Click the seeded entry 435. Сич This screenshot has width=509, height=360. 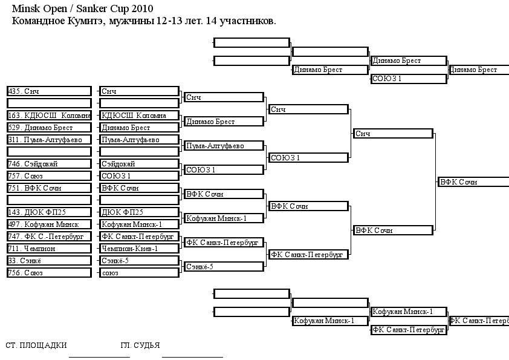pyautogui.click(x=49, y=91)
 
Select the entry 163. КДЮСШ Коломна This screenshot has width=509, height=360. pyautogui.click(x=49, y=116)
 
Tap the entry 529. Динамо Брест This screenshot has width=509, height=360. pyautogui.click(x=49, y=128)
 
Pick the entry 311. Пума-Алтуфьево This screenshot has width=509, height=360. pyautogui.click(x=49, y=140)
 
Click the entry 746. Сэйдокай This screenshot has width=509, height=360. pyautogui.click(x=49, y=164)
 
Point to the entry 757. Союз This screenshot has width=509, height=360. pyautogui.click(x=49, y=176)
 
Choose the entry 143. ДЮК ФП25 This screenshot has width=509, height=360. pyautogui.click(x=49, y=212)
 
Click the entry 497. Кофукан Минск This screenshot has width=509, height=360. pyautogui.click(x=49, y=224)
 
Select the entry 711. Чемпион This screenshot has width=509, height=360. pyautogui.click(x=49, y=249)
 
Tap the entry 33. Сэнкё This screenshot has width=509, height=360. pyautogui.click(x=49, y=261)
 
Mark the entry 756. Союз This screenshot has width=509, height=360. pyautogui.click(x=49, y=273)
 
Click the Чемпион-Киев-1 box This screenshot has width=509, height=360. pyautogui.click(x=139, y=249)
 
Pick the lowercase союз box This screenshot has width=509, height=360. pyautogui.click(x=139, y=273)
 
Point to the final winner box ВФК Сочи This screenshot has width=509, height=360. pyautogui.click(x=473, y=182)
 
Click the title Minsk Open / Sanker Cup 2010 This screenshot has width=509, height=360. pyautogui.click(x=82, y=8)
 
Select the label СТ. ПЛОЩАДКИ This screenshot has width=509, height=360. pyautogui.click(x=36, y=345)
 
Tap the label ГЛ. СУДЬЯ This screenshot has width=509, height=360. pyautogui.click(x=140, y=345)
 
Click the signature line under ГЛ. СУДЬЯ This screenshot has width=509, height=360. pyautogui.click(x=192, y=357)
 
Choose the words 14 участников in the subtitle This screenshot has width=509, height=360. pyautogui.click(x=241, y=21)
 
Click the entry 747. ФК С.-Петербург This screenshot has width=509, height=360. pyautogui.click(x=49, y=237)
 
